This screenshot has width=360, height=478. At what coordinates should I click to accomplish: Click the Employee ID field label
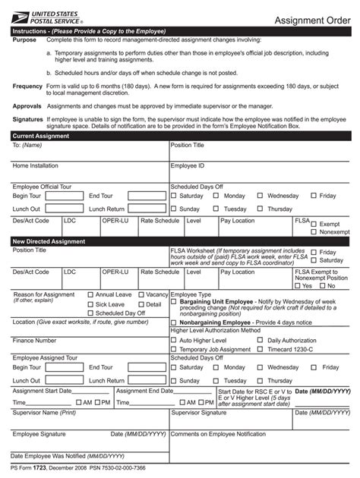click(x=188, y=165)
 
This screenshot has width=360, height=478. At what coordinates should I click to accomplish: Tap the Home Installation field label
click(x=35, y=165)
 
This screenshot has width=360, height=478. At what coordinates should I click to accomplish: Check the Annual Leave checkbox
click(x=91, y=294)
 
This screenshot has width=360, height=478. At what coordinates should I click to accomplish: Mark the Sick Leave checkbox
click(x=91, y=303)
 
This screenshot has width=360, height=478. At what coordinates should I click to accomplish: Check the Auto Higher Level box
click(x=174, y=341)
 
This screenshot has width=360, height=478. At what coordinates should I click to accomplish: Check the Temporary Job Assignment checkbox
click(x=174, y=350)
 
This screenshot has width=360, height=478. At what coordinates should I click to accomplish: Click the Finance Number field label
click(x=36, y=341)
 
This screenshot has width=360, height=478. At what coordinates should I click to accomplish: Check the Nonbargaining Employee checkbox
click(x=174, y=322)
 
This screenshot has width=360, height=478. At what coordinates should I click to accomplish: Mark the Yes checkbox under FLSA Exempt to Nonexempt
click(x=298, y=286)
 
